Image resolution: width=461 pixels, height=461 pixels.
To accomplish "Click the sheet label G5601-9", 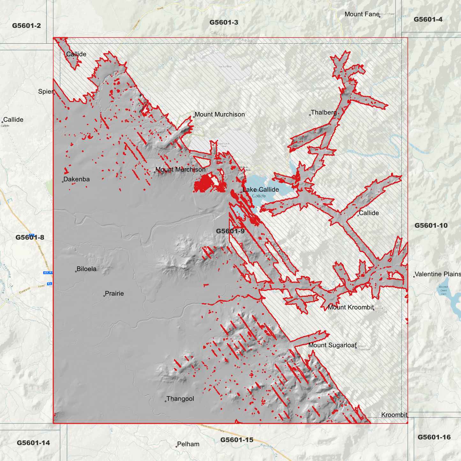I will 230,231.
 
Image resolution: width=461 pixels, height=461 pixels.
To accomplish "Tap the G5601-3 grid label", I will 224,22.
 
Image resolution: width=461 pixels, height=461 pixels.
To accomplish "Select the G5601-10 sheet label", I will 431,226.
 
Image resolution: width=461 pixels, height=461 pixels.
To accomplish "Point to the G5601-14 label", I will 33,442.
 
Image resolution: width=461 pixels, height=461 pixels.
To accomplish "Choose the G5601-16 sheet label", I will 434,437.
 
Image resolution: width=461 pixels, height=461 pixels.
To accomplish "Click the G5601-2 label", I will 26,26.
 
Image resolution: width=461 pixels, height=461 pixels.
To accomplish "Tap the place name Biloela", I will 86,269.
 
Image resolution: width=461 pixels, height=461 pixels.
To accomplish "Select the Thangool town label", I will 180,399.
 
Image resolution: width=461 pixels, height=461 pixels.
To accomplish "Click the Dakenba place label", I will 77,179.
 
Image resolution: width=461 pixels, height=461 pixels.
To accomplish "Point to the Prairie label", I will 114,294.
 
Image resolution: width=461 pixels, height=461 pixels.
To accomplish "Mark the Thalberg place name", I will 323,112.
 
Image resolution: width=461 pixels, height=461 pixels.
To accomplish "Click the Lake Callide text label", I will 261,190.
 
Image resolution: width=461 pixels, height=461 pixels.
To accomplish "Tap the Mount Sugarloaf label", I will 332,345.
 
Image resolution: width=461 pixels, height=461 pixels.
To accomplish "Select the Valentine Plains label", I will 437,274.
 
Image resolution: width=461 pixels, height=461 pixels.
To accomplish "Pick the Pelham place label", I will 188,444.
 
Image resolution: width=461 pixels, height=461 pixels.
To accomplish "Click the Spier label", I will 45,92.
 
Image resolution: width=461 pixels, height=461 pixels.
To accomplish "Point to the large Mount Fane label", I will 362,14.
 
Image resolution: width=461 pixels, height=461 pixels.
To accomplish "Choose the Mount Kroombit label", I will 351,307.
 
